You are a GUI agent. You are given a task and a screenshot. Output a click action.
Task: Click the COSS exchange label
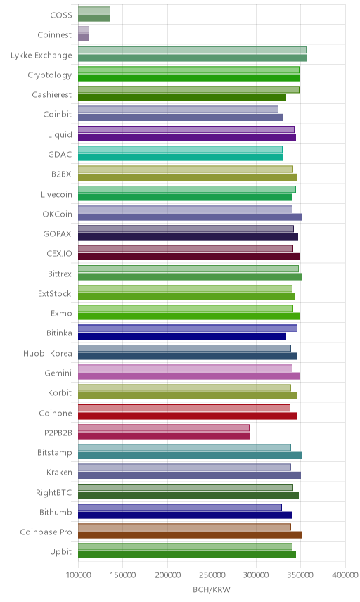61,15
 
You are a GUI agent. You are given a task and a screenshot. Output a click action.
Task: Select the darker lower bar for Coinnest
84,38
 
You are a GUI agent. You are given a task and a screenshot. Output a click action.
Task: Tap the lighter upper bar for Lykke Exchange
192,50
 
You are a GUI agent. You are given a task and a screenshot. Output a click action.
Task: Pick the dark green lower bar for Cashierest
182,98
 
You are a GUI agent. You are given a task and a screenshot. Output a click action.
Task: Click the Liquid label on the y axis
60,134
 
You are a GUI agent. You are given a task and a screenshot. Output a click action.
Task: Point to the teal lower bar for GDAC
181,157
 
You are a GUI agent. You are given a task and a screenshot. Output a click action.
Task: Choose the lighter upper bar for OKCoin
186,209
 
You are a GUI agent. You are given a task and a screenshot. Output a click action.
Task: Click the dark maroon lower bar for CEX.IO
189,257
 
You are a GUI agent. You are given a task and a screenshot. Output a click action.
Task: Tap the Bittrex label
60,274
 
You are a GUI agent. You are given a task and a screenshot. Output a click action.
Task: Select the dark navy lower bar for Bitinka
182,336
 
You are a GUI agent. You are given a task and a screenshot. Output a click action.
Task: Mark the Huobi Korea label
48,353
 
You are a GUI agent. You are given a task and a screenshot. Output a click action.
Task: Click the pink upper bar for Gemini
186,368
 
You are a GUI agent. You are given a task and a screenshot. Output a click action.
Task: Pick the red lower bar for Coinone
188,416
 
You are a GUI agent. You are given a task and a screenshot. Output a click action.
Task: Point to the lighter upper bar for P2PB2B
164,428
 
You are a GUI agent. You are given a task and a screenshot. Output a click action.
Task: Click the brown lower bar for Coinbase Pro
190,534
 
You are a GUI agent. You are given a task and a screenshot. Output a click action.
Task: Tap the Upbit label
60,551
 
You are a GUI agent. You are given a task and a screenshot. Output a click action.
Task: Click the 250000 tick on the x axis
212,575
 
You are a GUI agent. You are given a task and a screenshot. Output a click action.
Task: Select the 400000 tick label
345,575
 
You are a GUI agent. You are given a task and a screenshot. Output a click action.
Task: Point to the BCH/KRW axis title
212,589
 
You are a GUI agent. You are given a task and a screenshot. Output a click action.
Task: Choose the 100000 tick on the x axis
78,575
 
